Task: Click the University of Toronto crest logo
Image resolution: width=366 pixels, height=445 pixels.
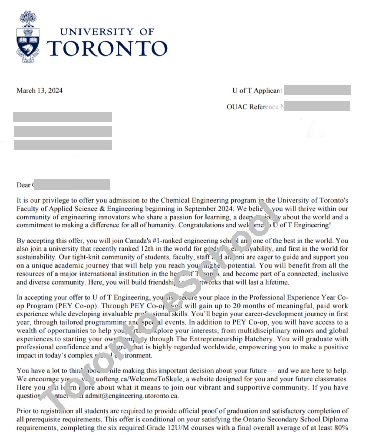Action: click(x=28, y=37)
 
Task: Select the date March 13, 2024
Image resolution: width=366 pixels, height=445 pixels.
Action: click(x=39, y=91)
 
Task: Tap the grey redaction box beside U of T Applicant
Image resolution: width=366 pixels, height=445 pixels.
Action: click(x=318, y=90)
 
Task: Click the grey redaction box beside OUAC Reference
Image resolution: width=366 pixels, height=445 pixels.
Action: click(x=317, y=106)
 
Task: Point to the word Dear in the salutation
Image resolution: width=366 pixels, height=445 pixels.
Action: click(x=23, y=185)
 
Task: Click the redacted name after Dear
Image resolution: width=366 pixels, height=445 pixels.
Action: click(x=72, y=185)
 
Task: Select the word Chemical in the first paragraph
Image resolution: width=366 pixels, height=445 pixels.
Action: click(x=175, y=201)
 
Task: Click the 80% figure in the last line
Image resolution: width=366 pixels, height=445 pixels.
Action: click(x=341, y=428)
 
